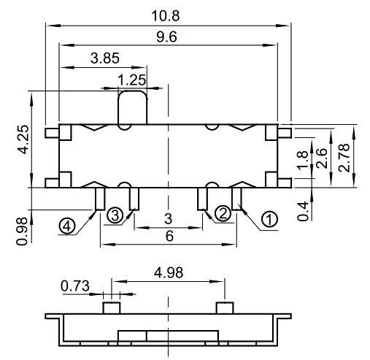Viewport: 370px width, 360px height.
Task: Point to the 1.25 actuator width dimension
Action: [x=131, y=79]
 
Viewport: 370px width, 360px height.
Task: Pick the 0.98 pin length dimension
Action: [x=21, y=229]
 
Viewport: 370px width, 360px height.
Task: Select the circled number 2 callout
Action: [x=223, y=212]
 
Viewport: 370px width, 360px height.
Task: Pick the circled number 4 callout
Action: [x=67, y=226]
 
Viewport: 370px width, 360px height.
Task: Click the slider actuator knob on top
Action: [x=132, y=108]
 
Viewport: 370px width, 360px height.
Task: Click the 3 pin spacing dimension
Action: [x=168, y=219]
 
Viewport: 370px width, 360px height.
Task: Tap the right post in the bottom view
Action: [x=226, y=307]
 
